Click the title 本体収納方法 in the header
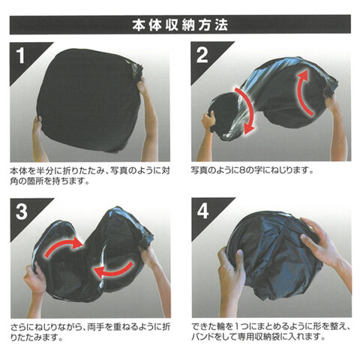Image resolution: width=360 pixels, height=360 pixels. (180, 25)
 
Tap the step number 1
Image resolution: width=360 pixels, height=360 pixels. (21, 55)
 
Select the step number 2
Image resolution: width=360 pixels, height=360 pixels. (202, 55)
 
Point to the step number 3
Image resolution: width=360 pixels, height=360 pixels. (22, 211)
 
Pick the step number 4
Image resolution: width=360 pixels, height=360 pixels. (202, 211)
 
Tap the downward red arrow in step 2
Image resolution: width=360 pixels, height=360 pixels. (247, 110)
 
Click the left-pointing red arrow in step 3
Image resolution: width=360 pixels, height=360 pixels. (112, 271)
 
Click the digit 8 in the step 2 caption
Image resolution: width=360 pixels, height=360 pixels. (242, 170)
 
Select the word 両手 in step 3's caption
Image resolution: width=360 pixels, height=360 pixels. (96, 326)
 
